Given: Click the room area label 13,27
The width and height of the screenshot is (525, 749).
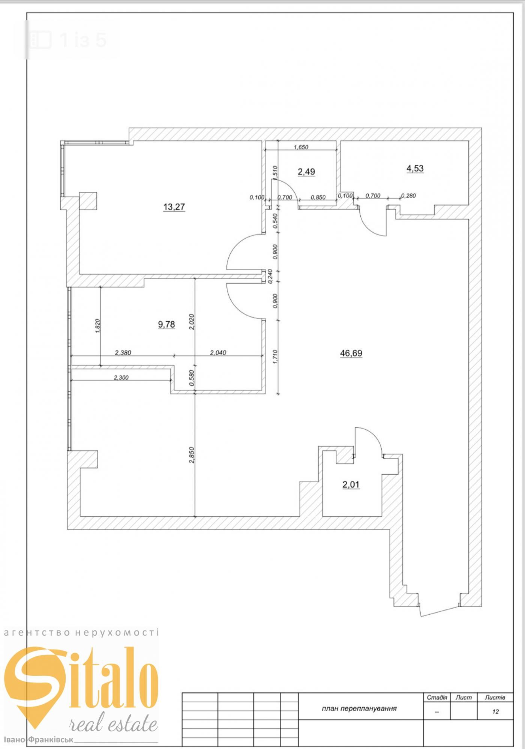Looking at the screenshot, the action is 174,207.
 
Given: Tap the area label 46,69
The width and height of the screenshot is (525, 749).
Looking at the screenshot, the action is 351,353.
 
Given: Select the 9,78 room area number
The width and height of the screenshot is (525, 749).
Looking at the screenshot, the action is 166,324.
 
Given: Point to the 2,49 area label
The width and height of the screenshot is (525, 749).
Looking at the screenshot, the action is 306,172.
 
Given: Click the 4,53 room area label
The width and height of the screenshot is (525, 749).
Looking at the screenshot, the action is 415,168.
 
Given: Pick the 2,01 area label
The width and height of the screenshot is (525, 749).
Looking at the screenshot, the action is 351,484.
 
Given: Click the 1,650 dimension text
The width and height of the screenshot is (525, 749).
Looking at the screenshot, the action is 301,147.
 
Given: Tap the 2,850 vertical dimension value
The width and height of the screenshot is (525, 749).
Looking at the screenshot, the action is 192,455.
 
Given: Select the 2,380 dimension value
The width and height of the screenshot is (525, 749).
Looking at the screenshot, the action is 123,352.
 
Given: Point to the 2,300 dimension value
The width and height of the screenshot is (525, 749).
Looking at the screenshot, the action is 121,378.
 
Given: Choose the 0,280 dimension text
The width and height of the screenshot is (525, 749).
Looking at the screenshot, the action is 408,196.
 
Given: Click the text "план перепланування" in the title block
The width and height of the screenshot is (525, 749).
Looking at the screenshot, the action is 359,708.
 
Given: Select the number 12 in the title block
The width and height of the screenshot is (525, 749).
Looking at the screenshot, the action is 495,711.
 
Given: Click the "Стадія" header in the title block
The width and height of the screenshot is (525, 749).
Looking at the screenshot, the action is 437,698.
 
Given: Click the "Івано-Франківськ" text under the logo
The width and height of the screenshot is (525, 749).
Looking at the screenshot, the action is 39,741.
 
